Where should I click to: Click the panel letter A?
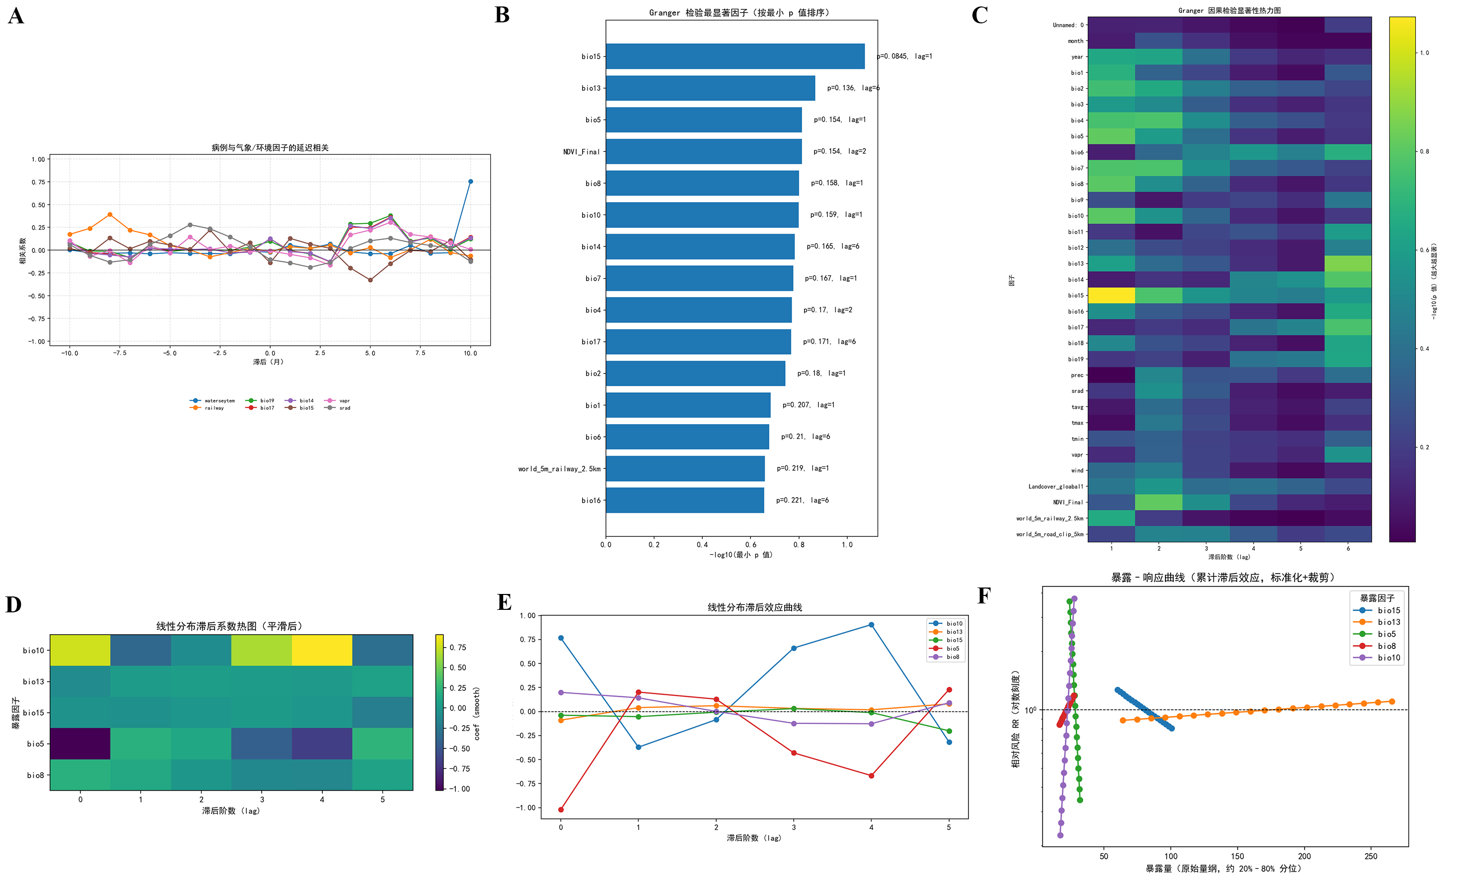(16, 16)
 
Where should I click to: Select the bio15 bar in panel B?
(735, 56)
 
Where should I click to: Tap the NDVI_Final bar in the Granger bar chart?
(704, 151)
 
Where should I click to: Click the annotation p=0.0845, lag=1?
(904, 56)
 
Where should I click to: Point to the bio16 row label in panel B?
(591, 500)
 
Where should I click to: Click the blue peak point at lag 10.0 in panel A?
(470, 181)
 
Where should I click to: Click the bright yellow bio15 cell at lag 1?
(1111, 295)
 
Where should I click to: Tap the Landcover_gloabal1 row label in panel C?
(1055, 487)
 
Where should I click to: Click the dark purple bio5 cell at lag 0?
(80, 743)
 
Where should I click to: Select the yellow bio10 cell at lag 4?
(322, 650)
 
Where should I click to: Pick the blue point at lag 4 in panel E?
(871, 625)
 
